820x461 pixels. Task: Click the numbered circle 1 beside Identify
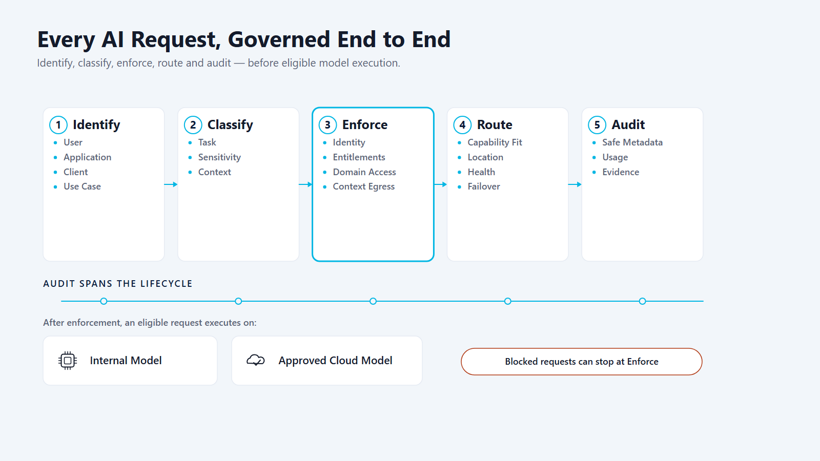[58, 125]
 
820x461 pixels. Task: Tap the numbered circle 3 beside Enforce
[327, 125]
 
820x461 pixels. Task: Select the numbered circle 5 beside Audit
[597, 125]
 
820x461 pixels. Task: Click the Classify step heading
[230, 125]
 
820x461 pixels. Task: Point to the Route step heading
[495, 125]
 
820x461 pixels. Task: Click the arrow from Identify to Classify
[171, 184]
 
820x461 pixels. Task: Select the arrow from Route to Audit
[575, 184]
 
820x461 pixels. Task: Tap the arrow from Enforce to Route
[440, 184]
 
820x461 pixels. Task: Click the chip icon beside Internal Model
[68, 361]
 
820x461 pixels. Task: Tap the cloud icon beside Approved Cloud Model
[256, 361]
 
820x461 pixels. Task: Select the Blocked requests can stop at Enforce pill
[581, 362]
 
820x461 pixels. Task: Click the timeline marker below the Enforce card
[373, 301]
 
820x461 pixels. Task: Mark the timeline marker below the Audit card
[643, 301]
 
